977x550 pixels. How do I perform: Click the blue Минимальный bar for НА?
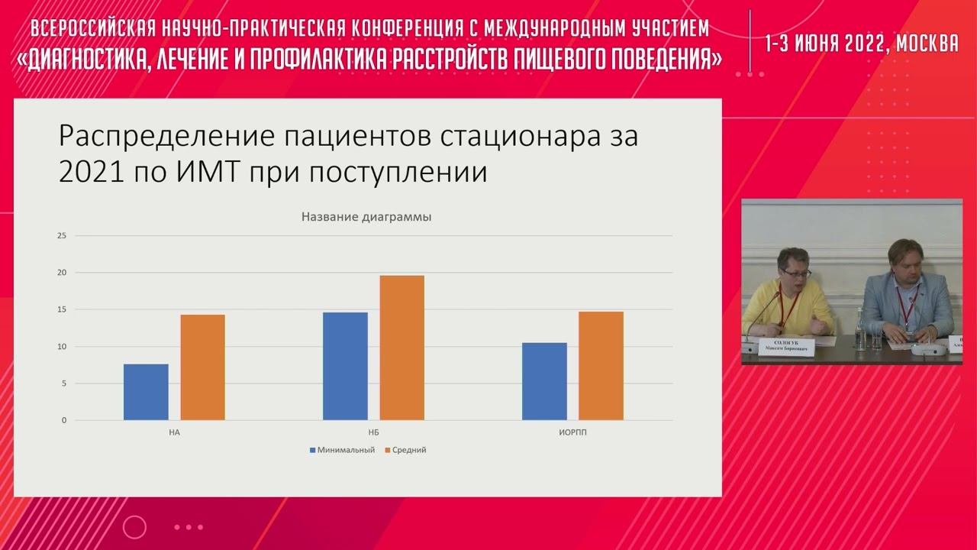pyautogui.click(x=146, y=392)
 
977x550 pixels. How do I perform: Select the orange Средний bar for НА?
pyautogui.click(x=202, y=367)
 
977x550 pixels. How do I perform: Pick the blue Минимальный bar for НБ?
pyautogui.click(x=345, y=366)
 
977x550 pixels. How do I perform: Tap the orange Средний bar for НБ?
pyautogui.click(x=401, y=348)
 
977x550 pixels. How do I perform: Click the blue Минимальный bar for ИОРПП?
pyautogui.click(x=544, y=381)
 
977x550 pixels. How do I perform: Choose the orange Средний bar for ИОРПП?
pyautogui.click(x=601, y=366)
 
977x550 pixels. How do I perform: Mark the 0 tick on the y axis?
pyautogui.click(x=64, y=420)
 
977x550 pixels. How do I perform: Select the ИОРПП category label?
pyautogui.click(x=572, y=432)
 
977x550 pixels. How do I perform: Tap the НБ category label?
pyautogui.click(x=373, y=432)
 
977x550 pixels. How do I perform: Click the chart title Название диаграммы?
pyautogui.click(x=366, y=217)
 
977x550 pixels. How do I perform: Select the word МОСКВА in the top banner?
pyautogui.click(x=927, y=44)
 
